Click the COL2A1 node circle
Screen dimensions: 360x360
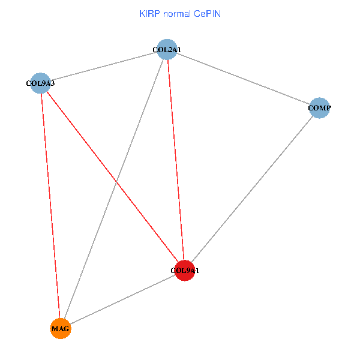tap(167, 49)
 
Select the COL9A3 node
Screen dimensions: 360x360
tap(40, 83)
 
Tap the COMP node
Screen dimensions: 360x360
tap(319, 108)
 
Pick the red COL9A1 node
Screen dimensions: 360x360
tap(185, 271)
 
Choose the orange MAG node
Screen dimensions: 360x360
tap(61, 329)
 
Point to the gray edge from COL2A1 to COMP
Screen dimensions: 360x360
tap(244, 79)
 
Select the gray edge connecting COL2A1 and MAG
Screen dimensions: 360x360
tap(114, 189)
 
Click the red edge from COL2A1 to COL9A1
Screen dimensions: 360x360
tap(176, 160)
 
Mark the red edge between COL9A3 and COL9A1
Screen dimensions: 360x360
tap(113, 177)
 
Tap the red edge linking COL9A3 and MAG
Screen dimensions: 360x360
tap(50, 206)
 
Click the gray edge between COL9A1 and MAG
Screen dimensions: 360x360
tap(122, 299)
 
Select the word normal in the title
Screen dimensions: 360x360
tap(177, 14)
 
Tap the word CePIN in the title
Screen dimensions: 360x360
tap(207, 14)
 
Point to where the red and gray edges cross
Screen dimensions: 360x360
tap(116, 182)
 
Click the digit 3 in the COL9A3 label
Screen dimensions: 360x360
tap(53, 83)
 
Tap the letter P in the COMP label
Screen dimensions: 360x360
tap(328, 107)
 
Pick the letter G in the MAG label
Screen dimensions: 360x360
tap(66, 329)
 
